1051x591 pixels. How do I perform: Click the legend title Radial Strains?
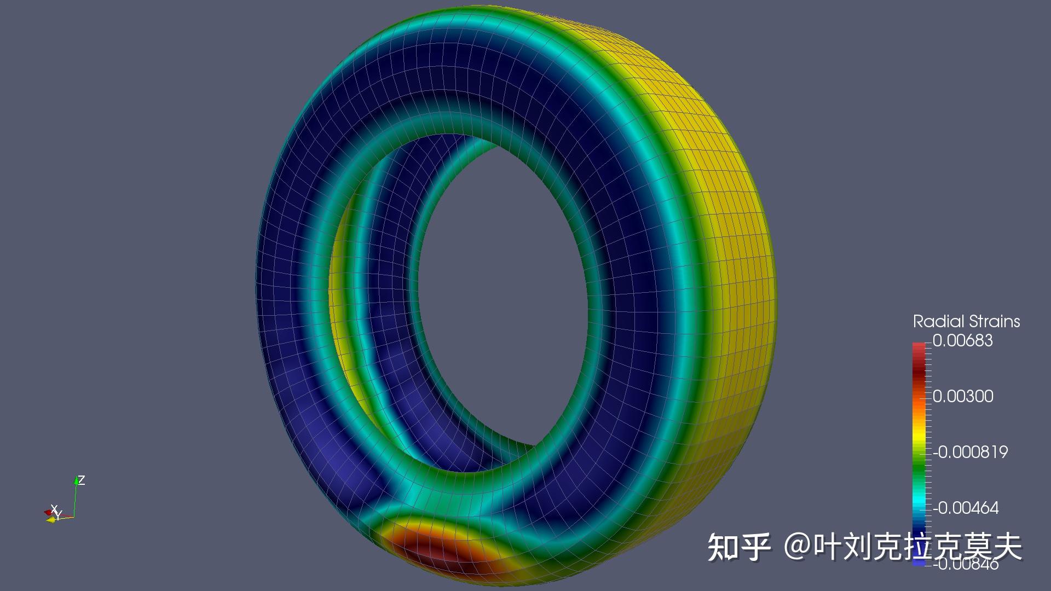pyautogui.click(x=966, y=321)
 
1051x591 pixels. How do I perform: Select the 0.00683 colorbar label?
pyautogui.click(x=962, y=340)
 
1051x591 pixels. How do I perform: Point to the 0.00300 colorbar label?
pyautogui.click(x=963, y=396)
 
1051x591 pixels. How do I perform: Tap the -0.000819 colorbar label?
pyautogui.click(x=970, y=452)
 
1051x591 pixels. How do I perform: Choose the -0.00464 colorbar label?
pyautogui.click(x=966, y=508)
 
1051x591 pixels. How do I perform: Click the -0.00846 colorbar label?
pyautogui.click(x=966, y=564)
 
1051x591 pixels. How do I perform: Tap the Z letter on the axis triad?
pyautogui.click(x=82, y=480)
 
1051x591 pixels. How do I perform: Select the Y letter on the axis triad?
pyautogui.click(x=59, y=514)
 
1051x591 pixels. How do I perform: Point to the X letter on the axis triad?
pyautogui.click(x=54, y=508)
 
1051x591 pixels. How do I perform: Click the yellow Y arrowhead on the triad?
pyautogui.click(x=50, y=519)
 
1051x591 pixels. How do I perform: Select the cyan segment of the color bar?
pyautogui.click(x=919, y=501)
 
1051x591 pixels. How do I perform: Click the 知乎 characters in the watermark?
pyautogui.click(x=739, y=546)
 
